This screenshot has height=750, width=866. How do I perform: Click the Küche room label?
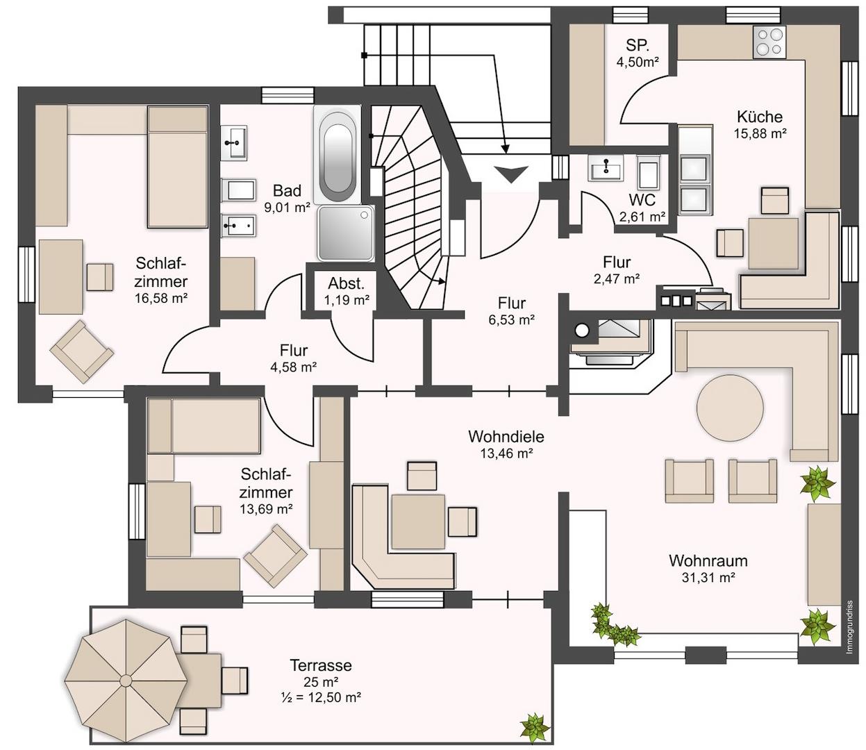point(760,116)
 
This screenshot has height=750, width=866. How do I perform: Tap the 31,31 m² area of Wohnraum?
point(708,578)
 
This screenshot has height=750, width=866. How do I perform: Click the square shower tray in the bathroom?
point(345,233)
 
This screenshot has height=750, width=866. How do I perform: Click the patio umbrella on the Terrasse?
point(126,680)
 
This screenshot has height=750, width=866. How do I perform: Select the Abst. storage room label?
point(346,283)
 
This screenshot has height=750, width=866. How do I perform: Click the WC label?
point(642,200)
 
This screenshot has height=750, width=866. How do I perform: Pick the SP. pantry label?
point(637,45)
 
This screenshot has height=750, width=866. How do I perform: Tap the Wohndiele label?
point(506,437)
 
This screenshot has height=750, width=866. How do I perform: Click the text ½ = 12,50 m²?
point(321,697)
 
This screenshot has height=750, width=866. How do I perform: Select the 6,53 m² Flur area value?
point(512,320)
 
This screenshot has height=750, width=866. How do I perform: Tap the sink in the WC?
point(605,167)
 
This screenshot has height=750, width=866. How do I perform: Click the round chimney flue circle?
point(581,331)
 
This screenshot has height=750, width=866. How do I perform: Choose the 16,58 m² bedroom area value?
point(161,299)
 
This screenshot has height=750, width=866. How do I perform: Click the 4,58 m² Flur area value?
point(293,367)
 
